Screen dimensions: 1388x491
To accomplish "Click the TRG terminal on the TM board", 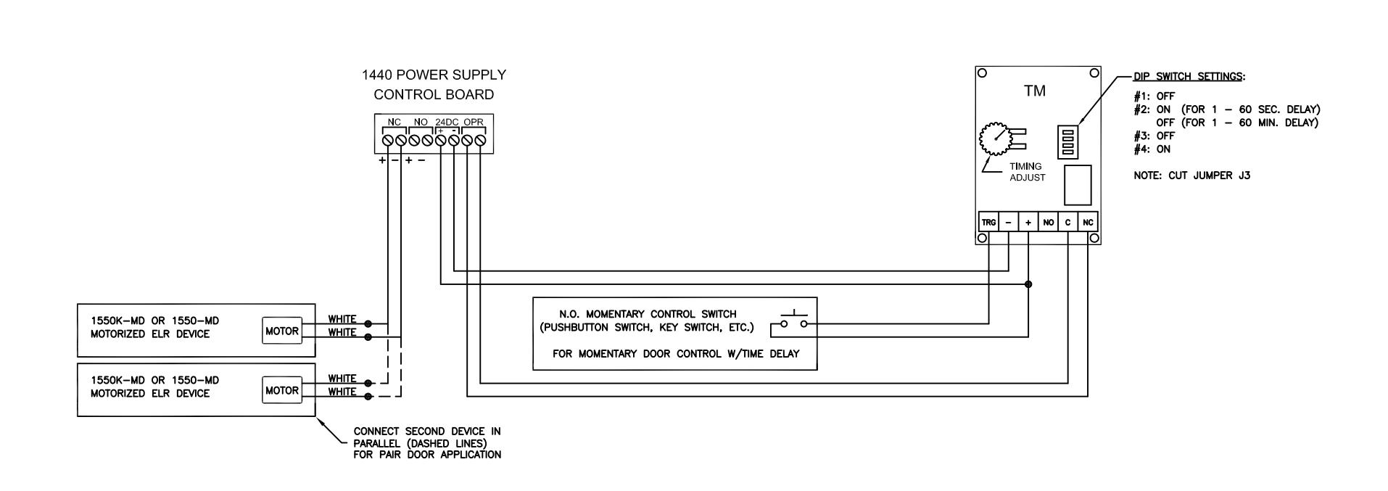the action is tap(988, 222).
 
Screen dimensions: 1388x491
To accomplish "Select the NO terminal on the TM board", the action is tap(1048, 222).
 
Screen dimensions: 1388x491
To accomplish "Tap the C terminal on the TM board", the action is tap(1067, 222).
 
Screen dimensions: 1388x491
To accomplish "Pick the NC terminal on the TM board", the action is tap(1088, 222).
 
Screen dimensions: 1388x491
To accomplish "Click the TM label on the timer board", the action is tap(1035, 91).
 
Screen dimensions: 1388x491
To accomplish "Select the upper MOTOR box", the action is tap(282, 331).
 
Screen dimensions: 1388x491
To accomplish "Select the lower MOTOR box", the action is tap(282, 390).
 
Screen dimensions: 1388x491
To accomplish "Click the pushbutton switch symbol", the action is tap(793, 321).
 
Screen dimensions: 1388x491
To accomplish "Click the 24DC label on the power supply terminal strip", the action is tap(447, 122).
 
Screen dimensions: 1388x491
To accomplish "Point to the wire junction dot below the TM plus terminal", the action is tap(1028, 284).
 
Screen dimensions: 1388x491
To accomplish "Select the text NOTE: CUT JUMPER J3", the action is tap(1191, 176).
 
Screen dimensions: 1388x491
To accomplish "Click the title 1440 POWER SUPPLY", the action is tap(434, 75).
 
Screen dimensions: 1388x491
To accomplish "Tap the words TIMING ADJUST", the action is tap(1027, 172).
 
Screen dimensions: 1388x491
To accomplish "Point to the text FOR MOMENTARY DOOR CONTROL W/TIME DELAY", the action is tap(676, 354).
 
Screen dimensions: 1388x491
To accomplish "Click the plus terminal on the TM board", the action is tap(1028, 222).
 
